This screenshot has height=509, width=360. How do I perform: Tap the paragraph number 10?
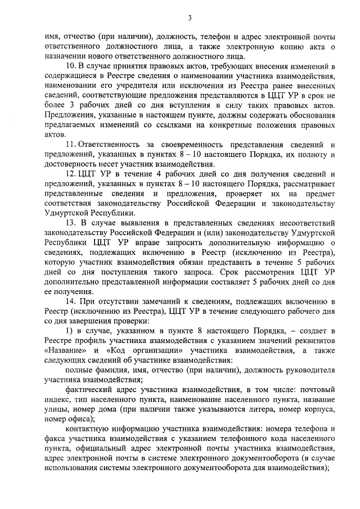click(70, 66)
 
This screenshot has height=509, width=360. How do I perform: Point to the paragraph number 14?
click(70, 302)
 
